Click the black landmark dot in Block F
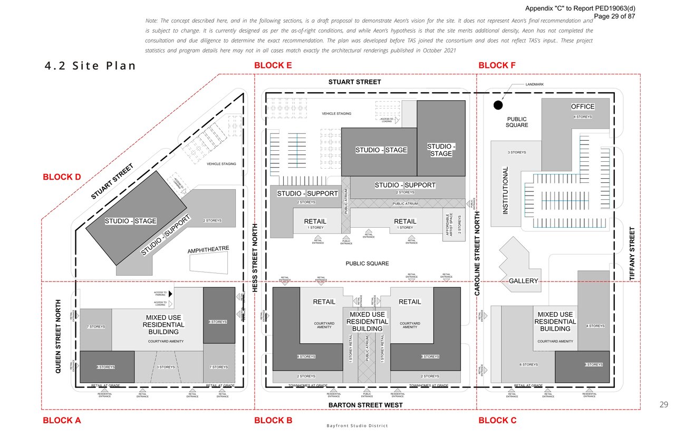497,105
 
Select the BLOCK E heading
273,66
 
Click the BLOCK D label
62,177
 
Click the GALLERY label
523,281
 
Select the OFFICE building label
583,106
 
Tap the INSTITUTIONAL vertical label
506,190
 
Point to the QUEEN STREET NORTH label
59,337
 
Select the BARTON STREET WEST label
365,405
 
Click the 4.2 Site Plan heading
90,66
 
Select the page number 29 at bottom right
663,405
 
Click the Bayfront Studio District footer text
357,426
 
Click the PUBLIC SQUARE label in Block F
517,122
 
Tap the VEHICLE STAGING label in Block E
336,114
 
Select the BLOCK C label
497,421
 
